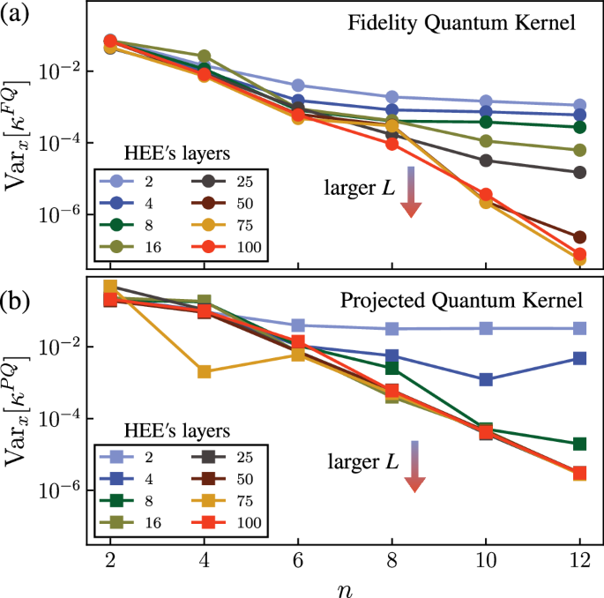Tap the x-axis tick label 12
tap(579, 561)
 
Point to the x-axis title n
tap(344, 586)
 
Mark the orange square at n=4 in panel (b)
tap(205, 371)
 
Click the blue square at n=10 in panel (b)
tap(485, 379)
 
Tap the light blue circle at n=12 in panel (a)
tap(579, 106)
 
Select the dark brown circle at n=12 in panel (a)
tap(579, 237)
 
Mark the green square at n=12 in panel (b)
tap(579, 444)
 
